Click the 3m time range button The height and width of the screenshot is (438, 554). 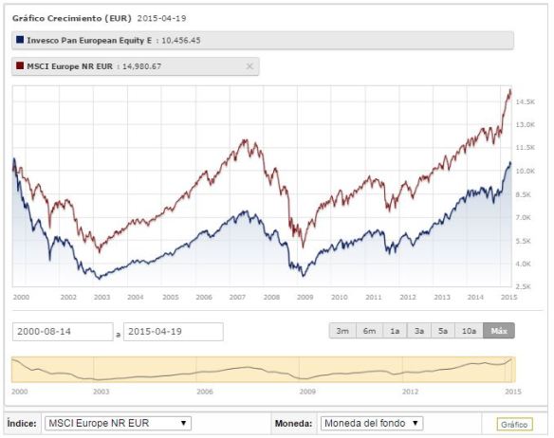[x=342, y=331]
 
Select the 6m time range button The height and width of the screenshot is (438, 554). [x=367, y=331]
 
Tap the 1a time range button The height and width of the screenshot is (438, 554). [x=393, y=331]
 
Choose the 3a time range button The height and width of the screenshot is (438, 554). [x=418, y=331]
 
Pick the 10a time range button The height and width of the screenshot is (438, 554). [x=469, y=331]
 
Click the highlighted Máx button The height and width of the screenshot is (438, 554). [x=498, y=331]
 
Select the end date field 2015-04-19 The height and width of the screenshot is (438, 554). [x=174, y=331]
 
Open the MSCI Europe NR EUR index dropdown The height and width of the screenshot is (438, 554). [x=119, y=423]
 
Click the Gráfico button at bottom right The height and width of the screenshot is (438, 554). [x=513, y=424]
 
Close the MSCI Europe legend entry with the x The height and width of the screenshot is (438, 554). [x=249, y=66]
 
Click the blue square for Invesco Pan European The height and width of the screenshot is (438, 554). [x=20, y=40]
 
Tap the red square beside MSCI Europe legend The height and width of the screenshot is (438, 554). [x=20, y=66]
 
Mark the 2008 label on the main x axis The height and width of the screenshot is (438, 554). [x=272, y=297]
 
